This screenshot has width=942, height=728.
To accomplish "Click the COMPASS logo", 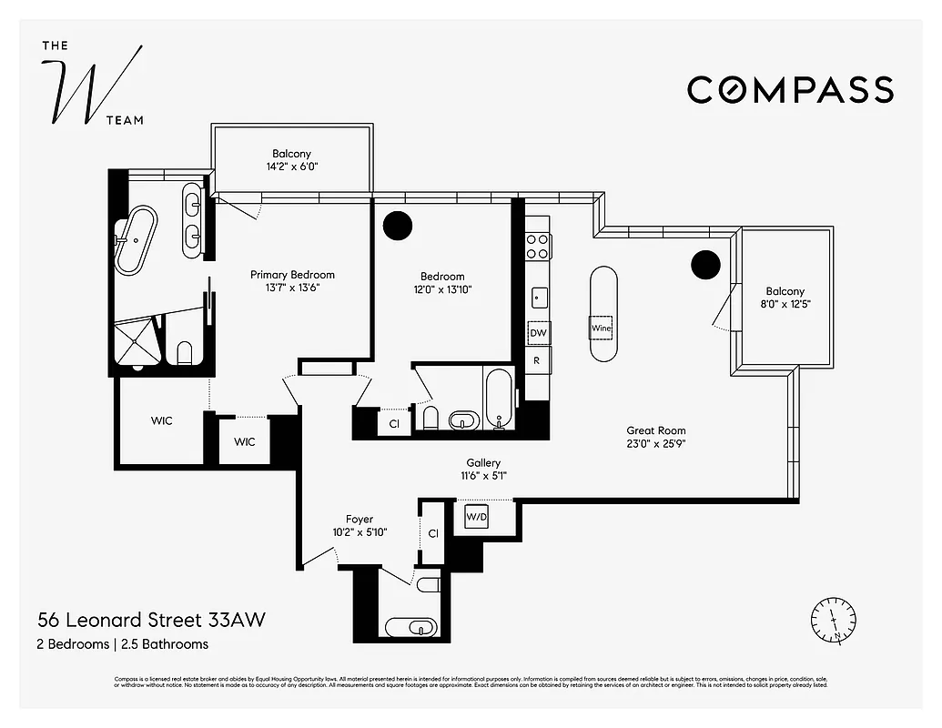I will point(789,90).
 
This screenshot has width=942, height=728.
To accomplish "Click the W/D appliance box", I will point(477,517).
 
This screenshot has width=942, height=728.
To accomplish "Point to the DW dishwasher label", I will point(538,334).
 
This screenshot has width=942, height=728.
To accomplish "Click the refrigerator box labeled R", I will point(538,360).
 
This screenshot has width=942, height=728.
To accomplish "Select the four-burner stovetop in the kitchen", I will point(538,246).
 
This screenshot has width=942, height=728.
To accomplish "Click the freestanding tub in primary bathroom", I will point(137,240).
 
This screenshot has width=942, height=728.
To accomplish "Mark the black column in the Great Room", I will point(705,264).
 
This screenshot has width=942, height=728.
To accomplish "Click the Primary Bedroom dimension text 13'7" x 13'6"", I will point(292,288).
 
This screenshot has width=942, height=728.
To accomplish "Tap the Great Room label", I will point(655,430).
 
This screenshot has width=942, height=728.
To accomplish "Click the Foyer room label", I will point(359,520).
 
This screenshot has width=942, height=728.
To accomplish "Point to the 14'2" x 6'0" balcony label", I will point(291,167).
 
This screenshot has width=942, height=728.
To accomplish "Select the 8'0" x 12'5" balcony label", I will point(785,305).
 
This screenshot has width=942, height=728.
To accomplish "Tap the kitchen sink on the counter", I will point(538,297).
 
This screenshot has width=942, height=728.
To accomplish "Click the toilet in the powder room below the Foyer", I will point(429,583).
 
